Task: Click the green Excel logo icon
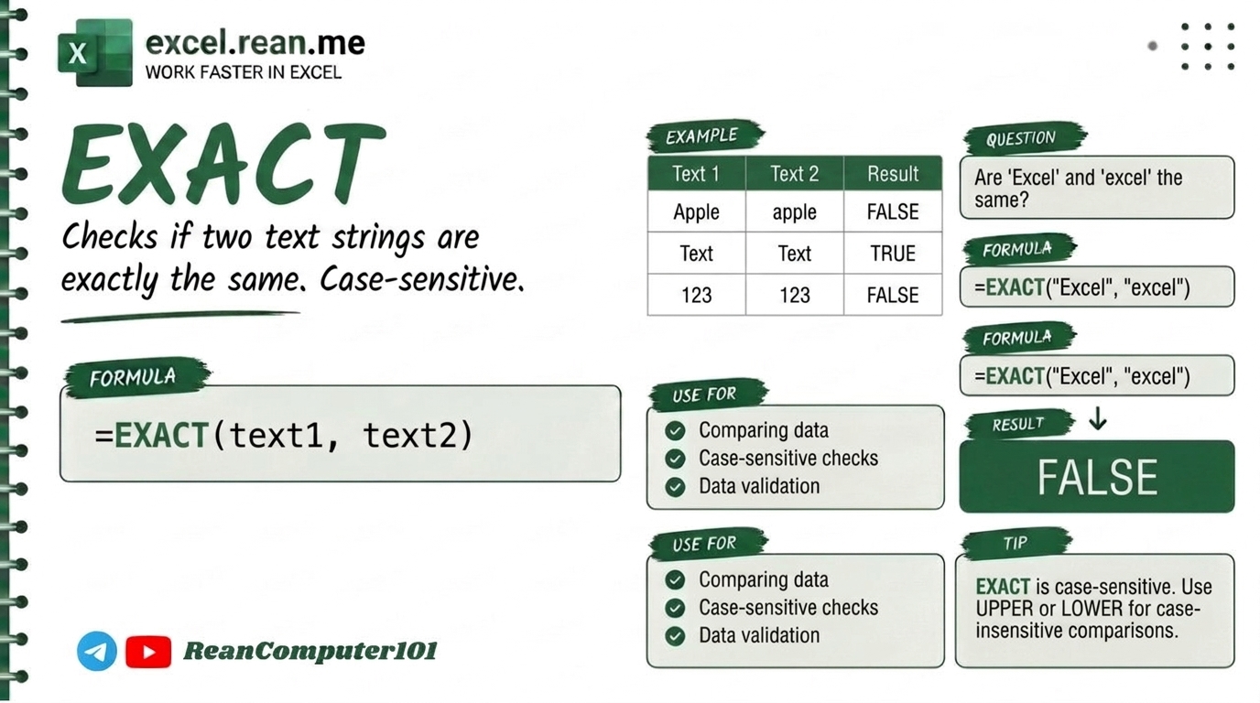point(95,53)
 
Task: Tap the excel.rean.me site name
point(255,43)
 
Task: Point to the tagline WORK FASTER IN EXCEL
point(243,72)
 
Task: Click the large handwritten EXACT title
point(224,163)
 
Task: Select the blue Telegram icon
point(97,651)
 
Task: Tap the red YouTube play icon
point(148,652)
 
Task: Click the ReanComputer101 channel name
point(310,651)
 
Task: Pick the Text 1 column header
point(696,174)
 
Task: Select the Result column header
point(893,174)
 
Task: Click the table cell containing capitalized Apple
point(696,212)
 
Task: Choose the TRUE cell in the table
point(893,254)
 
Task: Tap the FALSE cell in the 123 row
point(893,296)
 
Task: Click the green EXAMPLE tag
point(704,135)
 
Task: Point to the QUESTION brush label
point(1023,138)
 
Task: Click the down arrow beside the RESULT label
point(1097,418)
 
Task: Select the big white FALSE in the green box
point(1097,478)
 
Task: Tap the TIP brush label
point(1016,543)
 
